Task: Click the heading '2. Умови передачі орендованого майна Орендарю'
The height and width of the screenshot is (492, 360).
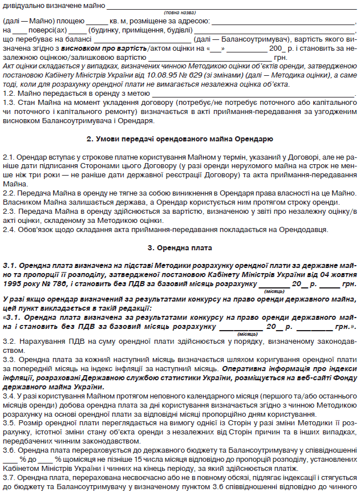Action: point(179,139)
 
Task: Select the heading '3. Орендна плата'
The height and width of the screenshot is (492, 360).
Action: point(179,249)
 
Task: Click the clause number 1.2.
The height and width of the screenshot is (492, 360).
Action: point(9,93)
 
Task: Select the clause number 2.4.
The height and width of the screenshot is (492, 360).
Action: point(9,229)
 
